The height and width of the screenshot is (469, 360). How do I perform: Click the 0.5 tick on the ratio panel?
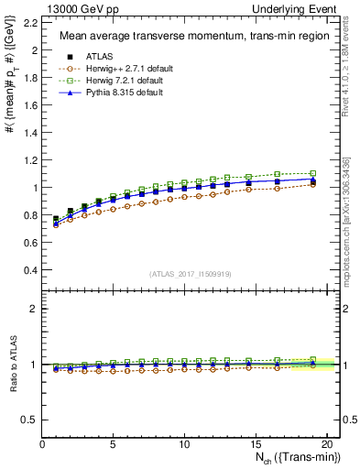(31, 420)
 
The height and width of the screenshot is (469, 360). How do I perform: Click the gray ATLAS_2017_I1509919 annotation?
(191, 274)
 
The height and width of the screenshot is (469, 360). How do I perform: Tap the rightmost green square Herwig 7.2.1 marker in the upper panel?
(312, 173)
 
